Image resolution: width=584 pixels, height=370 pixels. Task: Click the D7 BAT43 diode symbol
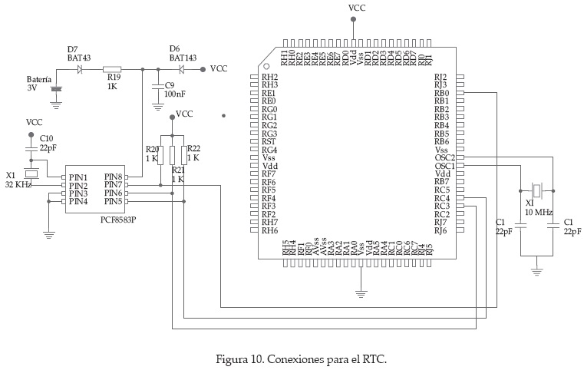pos(80,69)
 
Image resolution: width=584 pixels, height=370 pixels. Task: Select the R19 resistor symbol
pos(113,69)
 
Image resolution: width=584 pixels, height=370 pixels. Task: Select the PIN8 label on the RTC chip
pos(114,177)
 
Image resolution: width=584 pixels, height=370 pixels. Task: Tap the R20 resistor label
pos(152,149)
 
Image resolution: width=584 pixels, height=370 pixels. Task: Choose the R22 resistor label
pos(194,149)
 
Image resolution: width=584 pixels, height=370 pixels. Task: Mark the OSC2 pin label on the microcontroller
pos(444,157)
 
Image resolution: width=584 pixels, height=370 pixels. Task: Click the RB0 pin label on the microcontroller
pos(441,93)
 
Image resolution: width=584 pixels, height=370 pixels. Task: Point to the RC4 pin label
pos(441,198)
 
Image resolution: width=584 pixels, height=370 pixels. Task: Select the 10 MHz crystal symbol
pos(538,190)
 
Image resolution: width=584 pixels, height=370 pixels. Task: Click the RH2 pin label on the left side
pos(269,77)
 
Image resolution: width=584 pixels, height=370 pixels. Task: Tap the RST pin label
pos(269,141)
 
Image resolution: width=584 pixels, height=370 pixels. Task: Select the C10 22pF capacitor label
pos(47,142)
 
